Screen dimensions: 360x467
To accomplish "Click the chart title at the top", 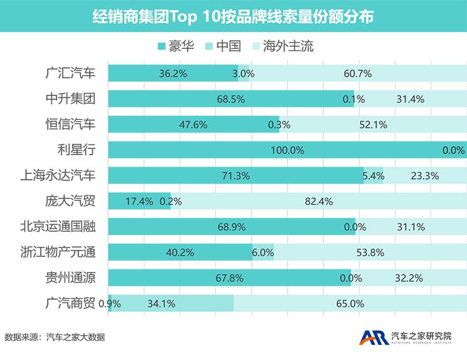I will [x=233, y=16].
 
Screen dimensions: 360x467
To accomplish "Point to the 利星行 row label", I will [x=77, y=150].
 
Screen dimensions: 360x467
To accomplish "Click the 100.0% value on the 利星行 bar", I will [x=287, y=150].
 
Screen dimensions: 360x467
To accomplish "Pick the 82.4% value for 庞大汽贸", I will [x=318, y=202].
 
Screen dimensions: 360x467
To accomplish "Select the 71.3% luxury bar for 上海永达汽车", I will [x=236, y=176].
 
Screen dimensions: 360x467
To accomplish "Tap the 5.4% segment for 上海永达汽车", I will [x=373, y=176].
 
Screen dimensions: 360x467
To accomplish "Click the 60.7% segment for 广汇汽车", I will [x=358, y=74].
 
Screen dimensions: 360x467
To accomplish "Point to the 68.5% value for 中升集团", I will [x=230, y=99].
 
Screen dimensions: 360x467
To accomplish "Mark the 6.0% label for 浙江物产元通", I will [x=262, y=253].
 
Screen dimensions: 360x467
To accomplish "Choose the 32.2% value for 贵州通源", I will [x=409, y=278].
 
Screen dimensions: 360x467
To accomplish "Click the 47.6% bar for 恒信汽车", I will [x=193, y=124].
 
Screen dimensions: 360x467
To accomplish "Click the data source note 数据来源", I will [x=55, y=337].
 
